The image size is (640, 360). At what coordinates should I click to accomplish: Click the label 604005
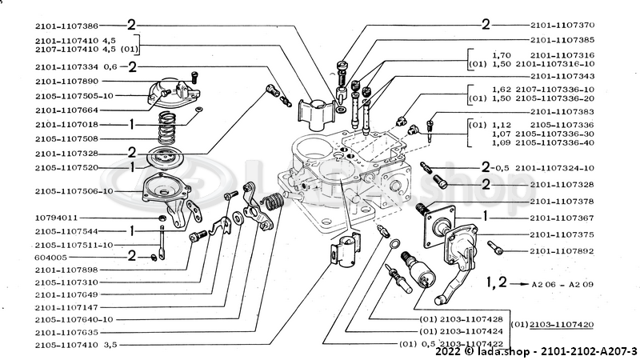pos(50,258)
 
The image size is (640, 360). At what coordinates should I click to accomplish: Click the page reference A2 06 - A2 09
pos(559,284)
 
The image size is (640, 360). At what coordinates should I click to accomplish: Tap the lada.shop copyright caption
pos(536,350)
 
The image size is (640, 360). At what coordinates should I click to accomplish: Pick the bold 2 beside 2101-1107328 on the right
pos(486,184)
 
